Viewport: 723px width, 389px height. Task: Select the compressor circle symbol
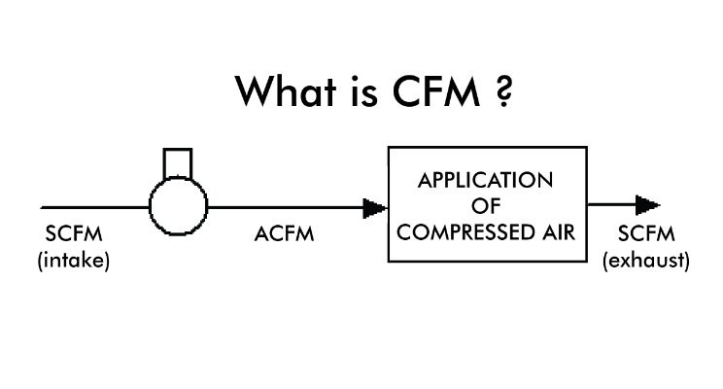179,205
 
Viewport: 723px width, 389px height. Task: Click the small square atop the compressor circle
178,161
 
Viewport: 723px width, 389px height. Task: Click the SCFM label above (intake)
73,235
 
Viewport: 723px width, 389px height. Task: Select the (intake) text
73,260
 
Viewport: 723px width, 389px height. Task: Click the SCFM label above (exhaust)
646,235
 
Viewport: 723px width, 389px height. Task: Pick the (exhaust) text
646,260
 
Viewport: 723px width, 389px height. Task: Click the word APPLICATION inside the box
485,181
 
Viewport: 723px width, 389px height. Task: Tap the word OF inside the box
485,206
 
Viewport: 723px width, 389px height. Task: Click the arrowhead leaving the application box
647,205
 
